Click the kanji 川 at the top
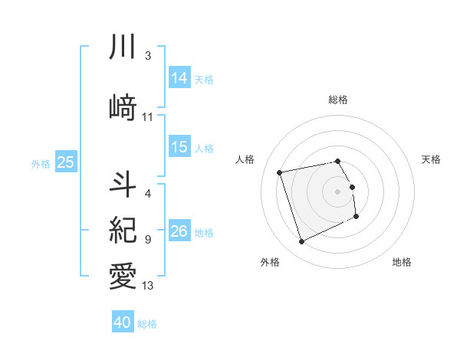coord(123,47)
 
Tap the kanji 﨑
coord(123,107)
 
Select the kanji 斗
coord(123,184)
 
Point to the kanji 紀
coord(123,229)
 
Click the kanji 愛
coord(123,274)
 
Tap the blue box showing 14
coord(179,77)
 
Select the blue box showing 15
coord(179,147)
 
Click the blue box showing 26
coord(179,231)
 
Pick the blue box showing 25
coord(66,162)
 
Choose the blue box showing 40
coord(123,322)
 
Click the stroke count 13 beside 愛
coord(148,286)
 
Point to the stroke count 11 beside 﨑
coord(148,117)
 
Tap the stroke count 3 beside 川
coord(148,56)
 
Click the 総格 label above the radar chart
coord(338,100)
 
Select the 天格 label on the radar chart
coord(432,159)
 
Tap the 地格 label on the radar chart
coord(402,262)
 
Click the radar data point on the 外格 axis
coord(301,242)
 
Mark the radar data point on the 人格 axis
coord(280,172)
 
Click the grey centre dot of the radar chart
coord(338,191)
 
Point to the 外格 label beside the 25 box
coord(41,163)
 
